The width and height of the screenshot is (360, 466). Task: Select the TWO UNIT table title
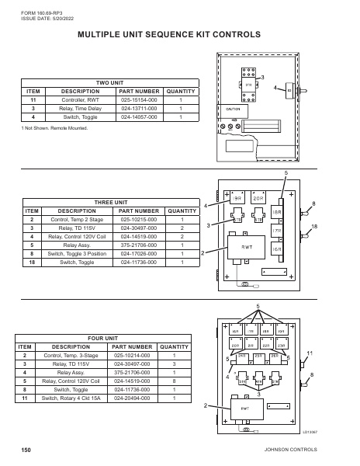click(110, 82)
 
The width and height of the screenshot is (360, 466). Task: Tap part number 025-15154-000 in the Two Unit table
click(140, 100)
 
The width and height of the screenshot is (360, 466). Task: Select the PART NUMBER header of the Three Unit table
click(139, 210)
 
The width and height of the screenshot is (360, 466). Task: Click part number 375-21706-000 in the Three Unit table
click(139, 245)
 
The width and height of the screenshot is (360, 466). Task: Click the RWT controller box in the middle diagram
click(249, 249)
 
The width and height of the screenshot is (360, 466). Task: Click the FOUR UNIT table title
click(102, 339)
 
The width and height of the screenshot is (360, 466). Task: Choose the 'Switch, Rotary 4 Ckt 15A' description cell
click(74, 398)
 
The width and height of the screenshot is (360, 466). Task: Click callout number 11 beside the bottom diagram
click(310, 354)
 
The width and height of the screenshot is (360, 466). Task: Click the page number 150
click(26, 450)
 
